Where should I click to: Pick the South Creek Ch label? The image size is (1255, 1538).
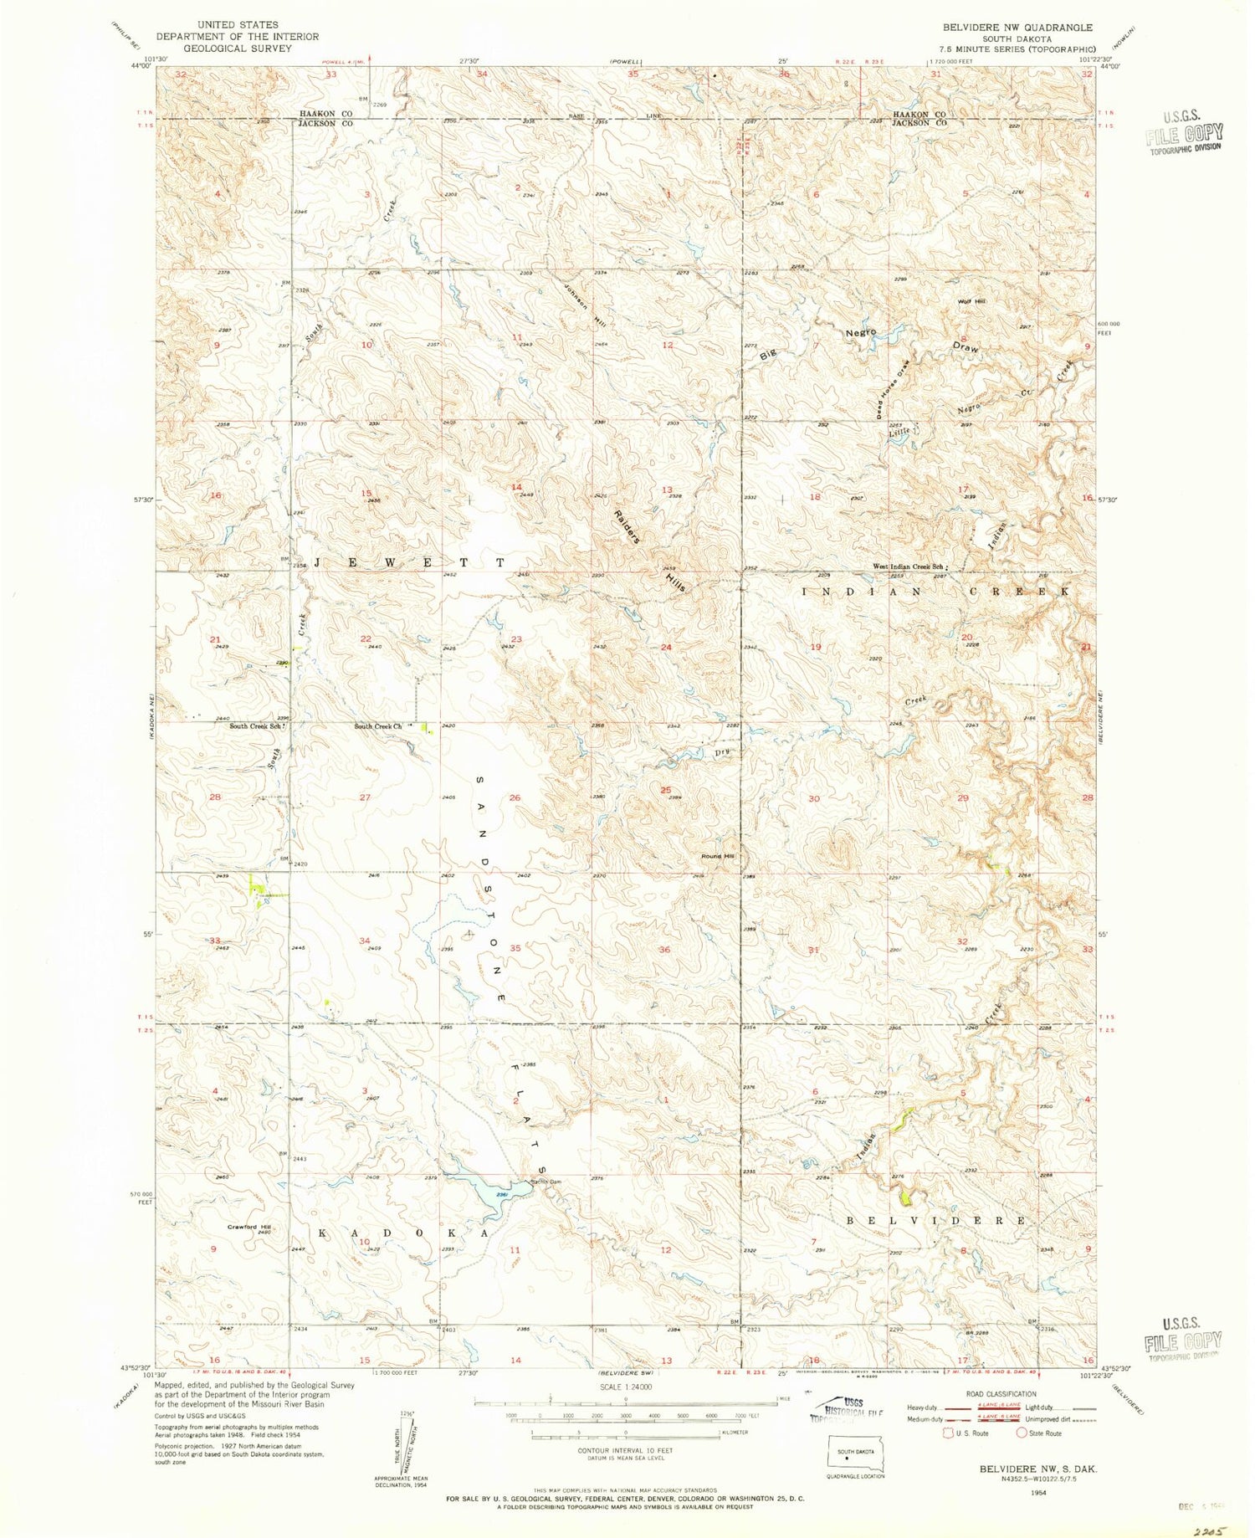pos(378,726)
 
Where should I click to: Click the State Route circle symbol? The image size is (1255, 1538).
pos(1022,1433)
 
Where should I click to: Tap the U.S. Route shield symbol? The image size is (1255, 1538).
pos(949,1433)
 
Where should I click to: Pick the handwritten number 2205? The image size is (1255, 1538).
pos(1208,1526)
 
